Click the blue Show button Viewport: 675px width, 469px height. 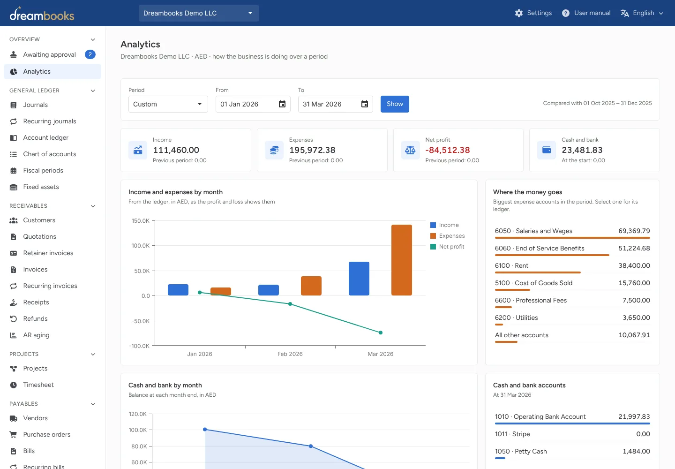(x=395, y=104)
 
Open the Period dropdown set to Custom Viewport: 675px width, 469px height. (x=168, y=104)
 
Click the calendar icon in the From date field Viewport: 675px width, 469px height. (x=282, y=104)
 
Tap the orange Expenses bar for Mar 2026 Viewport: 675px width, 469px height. (x=401, y=260)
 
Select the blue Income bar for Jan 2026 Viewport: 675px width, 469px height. (x=178, y=290)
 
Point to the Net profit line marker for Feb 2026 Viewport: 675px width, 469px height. (x=290, y=304)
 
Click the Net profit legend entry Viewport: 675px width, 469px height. (x=447, y=247)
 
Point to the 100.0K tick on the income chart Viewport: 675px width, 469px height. (x=141, y=246)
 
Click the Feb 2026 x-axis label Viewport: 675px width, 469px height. (x=290, y=354)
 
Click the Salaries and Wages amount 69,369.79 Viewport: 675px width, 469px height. (x=634, y=231)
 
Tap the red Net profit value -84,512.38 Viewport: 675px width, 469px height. (x=448, y=150)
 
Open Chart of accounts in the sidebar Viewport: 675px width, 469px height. (x=49, y=154)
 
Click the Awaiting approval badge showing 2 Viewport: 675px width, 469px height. (x=90, y=54)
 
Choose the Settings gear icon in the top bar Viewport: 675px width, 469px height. (x=518, y=13)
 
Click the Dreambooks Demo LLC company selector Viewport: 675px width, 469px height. (x=199, y=13)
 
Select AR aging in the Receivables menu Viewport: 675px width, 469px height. (x=36, y=335)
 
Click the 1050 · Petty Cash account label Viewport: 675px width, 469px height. (x=521, y=451)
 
